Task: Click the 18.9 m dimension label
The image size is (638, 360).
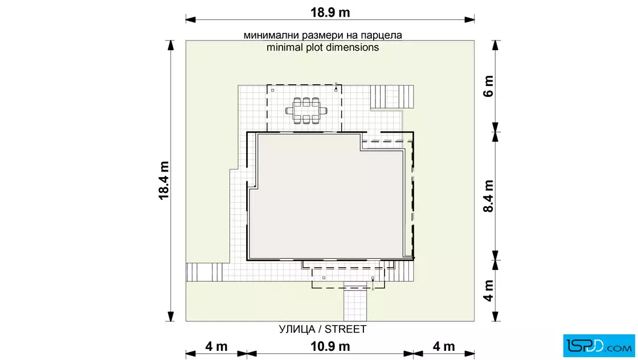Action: click(330, 13)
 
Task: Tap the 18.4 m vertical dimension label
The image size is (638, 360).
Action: click(163, 181)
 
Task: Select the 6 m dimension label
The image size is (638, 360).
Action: click(488, 86)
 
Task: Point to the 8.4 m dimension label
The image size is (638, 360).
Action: click(488, 196)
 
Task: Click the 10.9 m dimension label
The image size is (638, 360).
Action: click(330, 346)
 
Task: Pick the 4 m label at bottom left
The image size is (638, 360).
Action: click(216, 346)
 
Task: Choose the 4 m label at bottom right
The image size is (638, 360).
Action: click(444, 346)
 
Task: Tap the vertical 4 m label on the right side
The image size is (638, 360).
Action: click(488, 291)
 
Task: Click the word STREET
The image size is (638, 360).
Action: click(345, 329)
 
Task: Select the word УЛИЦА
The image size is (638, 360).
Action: click(297, 329)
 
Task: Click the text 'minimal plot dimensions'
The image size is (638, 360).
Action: click(322, 47)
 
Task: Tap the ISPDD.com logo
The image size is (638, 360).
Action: click(599, 345)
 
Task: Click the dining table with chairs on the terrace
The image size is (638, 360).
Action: click(306, 111)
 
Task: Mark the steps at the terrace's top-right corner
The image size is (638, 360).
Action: click(392, 97)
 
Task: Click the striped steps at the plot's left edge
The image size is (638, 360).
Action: click(205, 272)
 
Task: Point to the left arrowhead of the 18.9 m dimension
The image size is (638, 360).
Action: click(190, 19)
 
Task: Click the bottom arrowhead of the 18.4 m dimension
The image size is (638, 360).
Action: click(171, 317)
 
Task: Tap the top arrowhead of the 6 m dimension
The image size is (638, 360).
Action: click(495, 45)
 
